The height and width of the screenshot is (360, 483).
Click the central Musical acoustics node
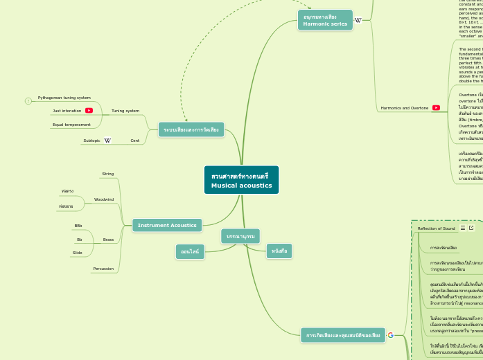(241, 180)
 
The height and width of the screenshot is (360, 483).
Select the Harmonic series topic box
(325, 19)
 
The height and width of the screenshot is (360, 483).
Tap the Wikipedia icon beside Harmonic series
(358, 20)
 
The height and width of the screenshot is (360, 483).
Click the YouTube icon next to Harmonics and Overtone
(436, 108)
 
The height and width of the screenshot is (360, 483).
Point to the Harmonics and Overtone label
(405, 108)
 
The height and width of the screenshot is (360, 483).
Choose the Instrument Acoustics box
(167, 225)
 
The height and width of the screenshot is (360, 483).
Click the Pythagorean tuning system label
(64, 98)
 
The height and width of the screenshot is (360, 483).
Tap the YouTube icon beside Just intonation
(89, 111)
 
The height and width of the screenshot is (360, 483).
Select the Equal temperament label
(71, 125)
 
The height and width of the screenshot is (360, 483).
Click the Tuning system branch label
(125, 111)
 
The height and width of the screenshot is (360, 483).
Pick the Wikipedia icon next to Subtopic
(107, 141)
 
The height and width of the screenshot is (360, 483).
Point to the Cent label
(135, 141)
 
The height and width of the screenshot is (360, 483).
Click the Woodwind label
(104, 199)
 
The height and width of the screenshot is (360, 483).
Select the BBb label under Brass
(78, 226)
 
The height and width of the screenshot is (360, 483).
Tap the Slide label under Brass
(77, 253)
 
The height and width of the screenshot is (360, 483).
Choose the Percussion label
(103, 269)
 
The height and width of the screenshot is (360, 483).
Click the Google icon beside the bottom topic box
(391, 335)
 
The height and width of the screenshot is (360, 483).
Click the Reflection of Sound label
(436, 228)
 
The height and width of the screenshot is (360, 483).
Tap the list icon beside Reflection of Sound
(463, 228)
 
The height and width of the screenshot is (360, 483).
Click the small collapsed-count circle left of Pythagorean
(28, 101)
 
